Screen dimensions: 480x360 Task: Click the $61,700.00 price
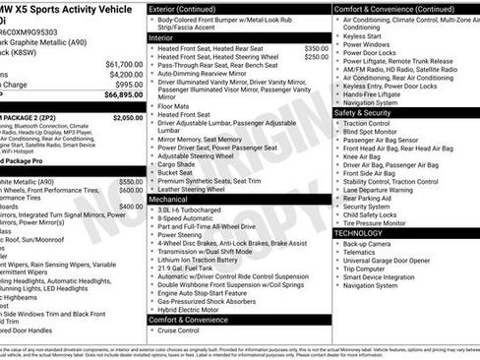[124, 63]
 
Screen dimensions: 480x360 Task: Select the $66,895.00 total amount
[124, 95]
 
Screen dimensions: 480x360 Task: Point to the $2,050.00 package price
[127, 117]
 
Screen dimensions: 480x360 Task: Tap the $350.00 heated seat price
[317, 48]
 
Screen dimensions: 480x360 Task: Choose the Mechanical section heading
[168, 198]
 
